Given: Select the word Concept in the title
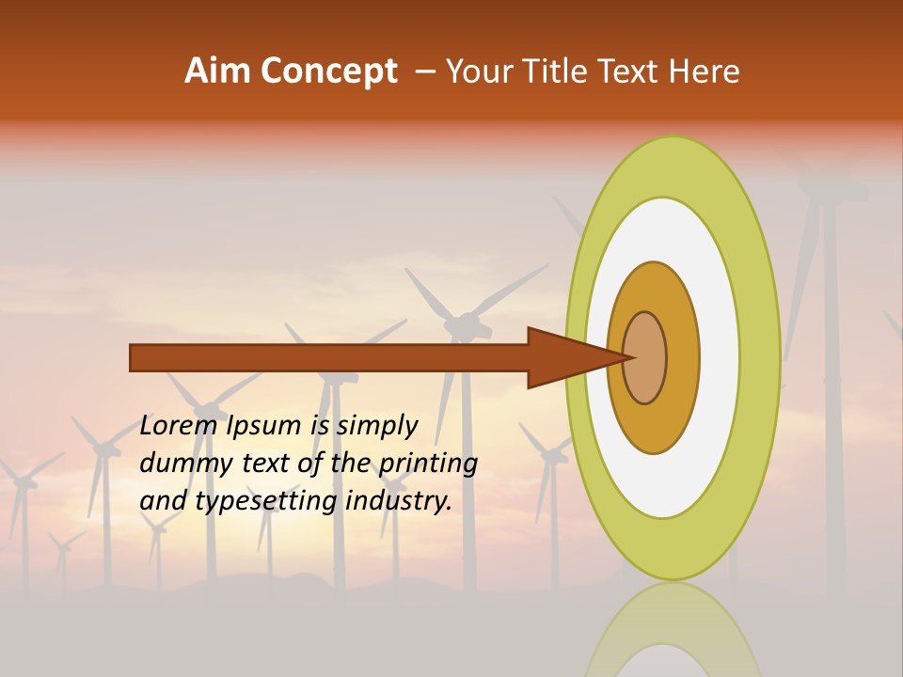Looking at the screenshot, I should pyautogui.click(x=328, y=71).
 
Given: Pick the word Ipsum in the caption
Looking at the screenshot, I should pyautogui.click(x=266, y=425).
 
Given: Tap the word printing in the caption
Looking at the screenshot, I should pyautogui.click(x=429, y=463).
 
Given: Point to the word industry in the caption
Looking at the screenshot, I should pyautogui.click(x=399, y=500).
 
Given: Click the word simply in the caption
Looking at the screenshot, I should pyautogui.click(x=376, y=425).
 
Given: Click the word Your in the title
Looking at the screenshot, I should pyautogui.click(x=478, y=71).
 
